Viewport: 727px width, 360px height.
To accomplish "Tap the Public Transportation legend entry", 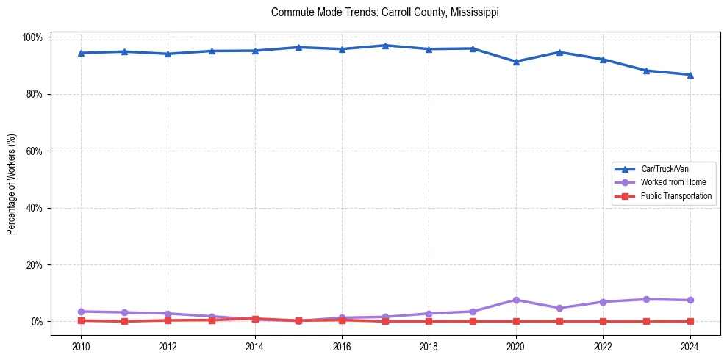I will coord(676,196).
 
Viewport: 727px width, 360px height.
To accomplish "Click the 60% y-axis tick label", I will coord(35,151).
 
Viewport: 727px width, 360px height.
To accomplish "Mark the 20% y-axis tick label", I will coord(35,265).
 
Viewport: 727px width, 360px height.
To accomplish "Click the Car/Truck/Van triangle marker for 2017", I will coord(385,46).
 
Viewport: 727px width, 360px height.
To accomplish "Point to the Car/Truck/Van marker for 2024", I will coord(690,75).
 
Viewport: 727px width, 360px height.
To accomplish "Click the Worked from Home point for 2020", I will coord(516,300).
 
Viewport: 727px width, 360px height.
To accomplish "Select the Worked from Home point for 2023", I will coord(646,299).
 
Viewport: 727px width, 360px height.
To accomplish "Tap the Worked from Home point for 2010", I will coord(81,312).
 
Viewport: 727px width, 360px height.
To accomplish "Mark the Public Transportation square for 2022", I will coord(603,321).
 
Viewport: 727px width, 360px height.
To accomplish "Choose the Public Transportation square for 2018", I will coord(429,321).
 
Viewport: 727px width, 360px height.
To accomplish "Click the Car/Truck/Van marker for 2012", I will coord(168,54).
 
